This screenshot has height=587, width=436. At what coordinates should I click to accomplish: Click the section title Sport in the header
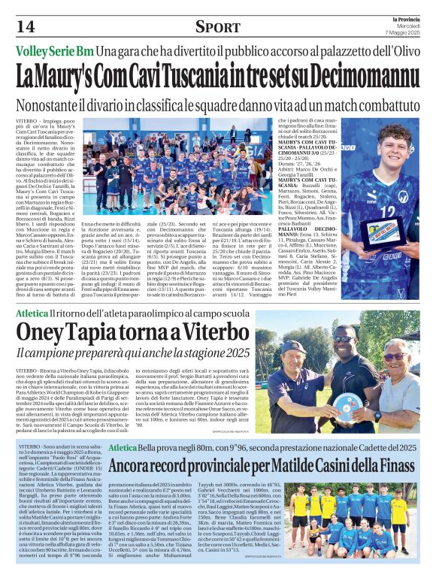(x=218, y=27)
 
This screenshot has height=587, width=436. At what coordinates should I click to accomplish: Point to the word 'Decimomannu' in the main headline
(x=366, y=77)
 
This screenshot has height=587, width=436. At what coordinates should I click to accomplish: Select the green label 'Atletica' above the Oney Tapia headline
(x=32, y=312)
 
